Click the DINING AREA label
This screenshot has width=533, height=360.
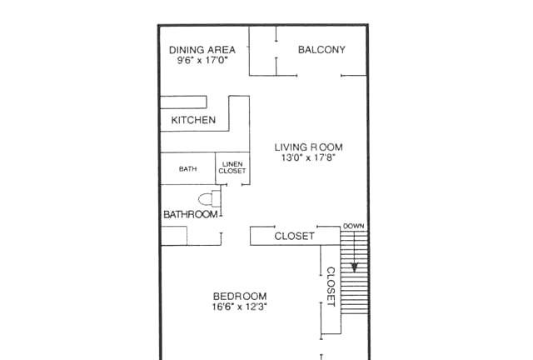click(202, 50)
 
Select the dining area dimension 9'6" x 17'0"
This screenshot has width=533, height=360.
click(202, 61)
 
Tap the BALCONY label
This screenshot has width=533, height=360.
click(321, 50)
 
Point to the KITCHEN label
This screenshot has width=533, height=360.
click(193, 120)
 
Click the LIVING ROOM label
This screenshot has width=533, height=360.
click(309, 147)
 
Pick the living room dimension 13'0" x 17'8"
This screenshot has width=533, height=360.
click(309, 157)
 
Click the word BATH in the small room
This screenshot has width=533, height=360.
click(187, 169)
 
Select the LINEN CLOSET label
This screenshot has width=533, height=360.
click(232, 167)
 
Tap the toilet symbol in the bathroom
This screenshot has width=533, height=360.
click(209, 199)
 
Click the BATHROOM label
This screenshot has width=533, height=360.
click(191, 214)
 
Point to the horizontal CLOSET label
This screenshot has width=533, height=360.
click(294, 236)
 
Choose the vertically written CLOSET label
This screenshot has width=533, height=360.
click(331, 287)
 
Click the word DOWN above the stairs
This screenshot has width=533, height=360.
click(353, 226)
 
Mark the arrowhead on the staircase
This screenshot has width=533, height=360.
click(355, 267)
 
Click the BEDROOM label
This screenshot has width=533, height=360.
click(240, 296)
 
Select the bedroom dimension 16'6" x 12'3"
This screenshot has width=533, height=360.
click(240, 307)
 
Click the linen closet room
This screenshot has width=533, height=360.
click(232, 168)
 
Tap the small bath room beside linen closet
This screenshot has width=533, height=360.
click(188, 168)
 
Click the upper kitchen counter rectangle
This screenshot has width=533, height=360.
click(183, 102)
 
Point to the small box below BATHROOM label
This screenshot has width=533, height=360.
click(174, 236)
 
